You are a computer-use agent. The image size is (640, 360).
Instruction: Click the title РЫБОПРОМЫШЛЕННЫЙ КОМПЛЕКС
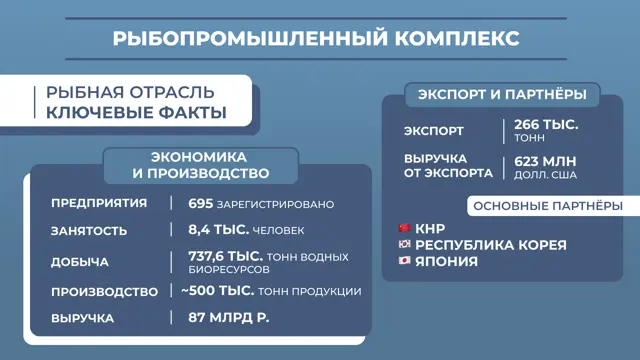point(316,38)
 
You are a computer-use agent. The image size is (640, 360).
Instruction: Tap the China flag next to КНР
point(404,228)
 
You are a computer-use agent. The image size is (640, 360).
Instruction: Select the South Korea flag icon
point(404,244)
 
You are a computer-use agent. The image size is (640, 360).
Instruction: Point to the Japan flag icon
point(404,260)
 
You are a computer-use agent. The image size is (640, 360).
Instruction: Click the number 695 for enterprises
point(201,203)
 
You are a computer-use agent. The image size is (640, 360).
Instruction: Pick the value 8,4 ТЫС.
point(218,230)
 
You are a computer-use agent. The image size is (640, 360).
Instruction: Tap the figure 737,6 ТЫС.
point(225,256)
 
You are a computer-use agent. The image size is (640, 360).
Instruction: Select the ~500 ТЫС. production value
point(218,291)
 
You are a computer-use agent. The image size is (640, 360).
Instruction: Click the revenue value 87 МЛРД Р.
point(229,318)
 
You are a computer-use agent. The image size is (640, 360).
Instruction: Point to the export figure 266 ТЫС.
point(546,124)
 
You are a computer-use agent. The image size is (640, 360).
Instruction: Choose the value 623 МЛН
point(545,161)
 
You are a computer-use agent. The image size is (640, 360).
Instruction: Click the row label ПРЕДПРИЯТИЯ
point(99,203)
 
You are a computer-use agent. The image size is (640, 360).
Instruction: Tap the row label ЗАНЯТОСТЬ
point(89,231)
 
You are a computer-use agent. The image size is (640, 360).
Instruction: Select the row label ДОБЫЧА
point(80,262)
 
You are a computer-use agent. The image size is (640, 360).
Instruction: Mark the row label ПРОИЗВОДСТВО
point(104,291)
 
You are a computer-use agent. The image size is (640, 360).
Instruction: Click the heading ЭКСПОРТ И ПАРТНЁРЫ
point(502,95)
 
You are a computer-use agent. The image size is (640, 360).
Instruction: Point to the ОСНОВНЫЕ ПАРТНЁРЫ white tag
point(553,206)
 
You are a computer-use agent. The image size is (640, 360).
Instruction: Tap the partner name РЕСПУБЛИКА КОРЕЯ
point(491,245)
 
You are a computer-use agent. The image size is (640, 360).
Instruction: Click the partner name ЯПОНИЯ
point(446,261)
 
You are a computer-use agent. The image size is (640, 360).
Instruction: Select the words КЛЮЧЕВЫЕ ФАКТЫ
point(136,112)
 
